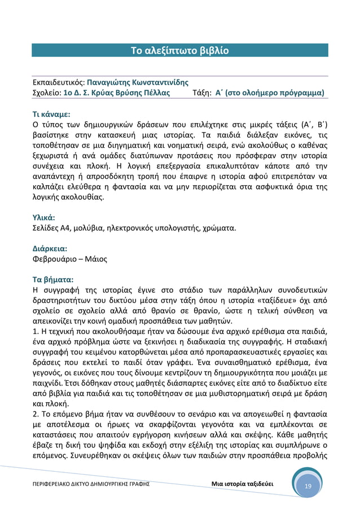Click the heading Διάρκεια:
pyautogui.click(x=49, y=248)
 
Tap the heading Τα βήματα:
pyautogui.click(x=52, y=279)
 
